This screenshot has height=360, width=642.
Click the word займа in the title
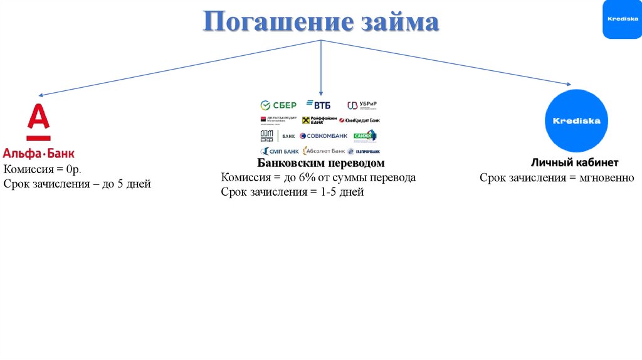pyautogui.click(x=399, y=23)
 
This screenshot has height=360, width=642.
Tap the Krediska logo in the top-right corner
pyautogui.click(x=621, y=19)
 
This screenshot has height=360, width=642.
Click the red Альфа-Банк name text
pyautogui.click(x=39, y=152)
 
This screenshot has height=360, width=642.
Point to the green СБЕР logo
pyautogui.click(x=278, y=105)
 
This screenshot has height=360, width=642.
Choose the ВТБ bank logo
pyautogui.click(x=318, y=105)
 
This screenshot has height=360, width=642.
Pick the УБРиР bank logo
pyautogui.click(x=362, y=105)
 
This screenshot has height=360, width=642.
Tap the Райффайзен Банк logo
pyautogui.click(x=320, y=120)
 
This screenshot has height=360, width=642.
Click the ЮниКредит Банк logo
pyautogui.click(x=359, y=120)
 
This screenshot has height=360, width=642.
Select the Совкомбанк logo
pyautogui.click(x=324, y=135)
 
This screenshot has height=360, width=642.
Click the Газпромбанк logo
pyautogui.click(x=364, y=151)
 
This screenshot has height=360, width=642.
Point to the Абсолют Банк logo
pyautogui.click(x=324, y=151)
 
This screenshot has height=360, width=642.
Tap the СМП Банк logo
pyautogui.click(x=280, y=151)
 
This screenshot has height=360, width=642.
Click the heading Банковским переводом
pyautogui.click(x=320, y=164)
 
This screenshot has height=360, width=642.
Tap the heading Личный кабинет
pyautogui.click(x=575, y=162)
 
